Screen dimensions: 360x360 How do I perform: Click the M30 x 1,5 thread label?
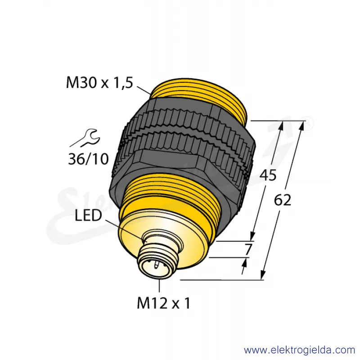99,83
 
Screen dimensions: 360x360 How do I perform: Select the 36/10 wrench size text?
88,159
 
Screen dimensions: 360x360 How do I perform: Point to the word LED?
88,216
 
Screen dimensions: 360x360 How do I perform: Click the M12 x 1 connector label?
164,303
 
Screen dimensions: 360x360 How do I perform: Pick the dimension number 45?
268,175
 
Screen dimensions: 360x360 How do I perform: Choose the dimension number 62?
283,200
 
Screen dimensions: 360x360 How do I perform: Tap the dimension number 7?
248,249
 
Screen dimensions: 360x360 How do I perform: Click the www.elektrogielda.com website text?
299,350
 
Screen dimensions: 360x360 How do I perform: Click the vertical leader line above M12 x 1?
159,285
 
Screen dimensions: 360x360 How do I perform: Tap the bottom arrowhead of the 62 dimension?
263,275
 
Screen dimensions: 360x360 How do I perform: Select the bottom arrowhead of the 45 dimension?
252,236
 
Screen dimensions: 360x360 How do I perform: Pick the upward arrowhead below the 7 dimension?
245,262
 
